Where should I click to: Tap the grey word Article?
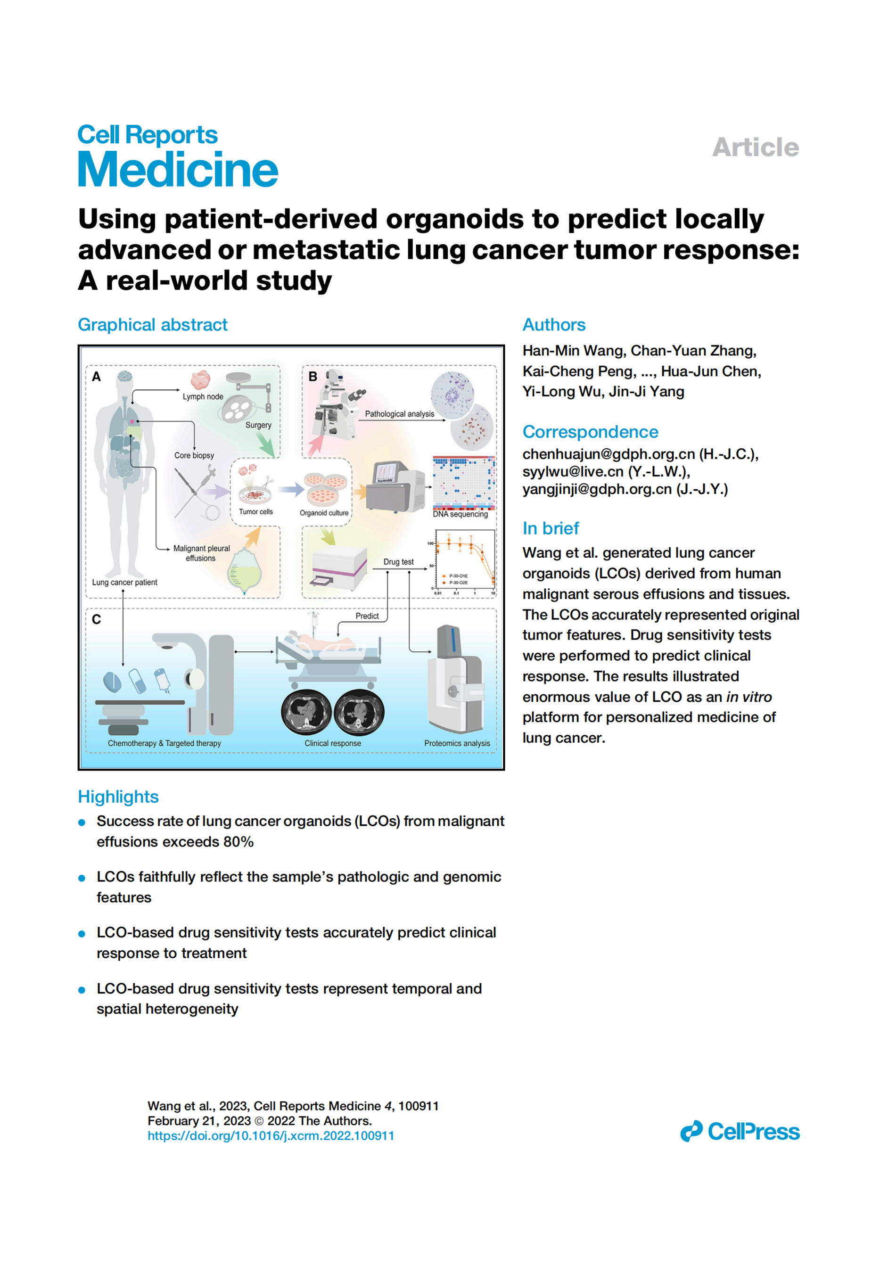click(x=755, y=147)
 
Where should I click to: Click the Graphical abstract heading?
click(x=152, y=324)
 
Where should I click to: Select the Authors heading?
click(x=554, y=324)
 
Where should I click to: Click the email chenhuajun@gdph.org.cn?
click(x=608, y=454)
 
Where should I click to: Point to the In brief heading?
click(x=551, y=528)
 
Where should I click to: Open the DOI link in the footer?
click(x=271, y=1135)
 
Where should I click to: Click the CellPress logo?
click(x=739, y=1131)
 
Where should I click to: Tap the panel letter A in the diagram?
click(x=96, y=377)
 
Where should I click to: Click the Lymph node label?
click(x=203, y=396)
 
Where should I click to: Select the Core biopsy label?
click(x=194, y=455)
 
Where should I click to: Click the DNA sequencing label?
click(x=460, y=514)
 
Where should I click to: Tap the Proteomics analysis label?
click(x=457, y=743)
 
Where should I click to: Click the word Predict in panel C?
click(x=367, y=616)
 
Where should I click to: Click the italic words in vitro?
click(x=748, y=697)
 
